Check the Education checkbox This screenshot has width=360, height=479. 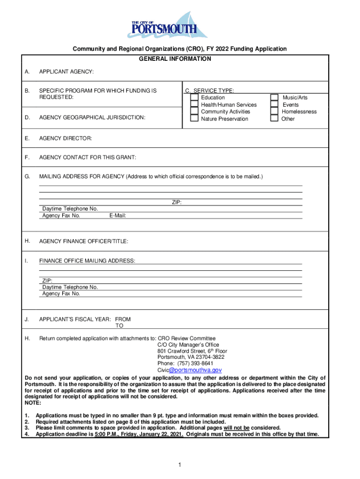pyautogui.click(x=194, y=98)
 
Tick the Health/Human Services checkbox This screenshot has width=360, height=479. pyautogui.click(x=194, y=105)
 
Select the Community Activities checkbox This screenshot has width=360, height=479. pyautogui.click(x=194, y=112)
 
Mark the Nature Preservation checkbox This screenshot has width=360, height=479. pyautogui.click(x=194, y=119)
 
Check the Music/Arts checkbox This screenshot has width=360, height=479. pyautogui.click(x=274, y=98)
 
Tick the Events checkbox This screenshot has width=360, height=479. pyautogui.click(x=274, y=105)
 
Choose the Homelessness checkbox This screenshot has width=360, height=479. pyautogui.click(x=274, y=112)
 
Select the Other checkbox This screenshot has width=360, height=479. pyautogui.click(x=274, y=119)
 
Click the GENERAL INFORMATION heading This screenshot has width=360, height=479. pyautogui.click(x=175, y=59)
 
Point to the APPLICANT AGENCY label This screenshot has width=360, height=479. pyautogui.click(x=66, y=72)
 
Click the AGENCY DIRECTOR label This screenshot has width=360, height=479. pyautogui.click(x=65, y=138)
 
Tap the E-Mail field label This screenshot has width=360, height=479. pyautogui.click(x=117, y=216)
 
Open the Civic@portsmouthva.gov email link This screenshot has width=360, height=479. pyautogui.click(x=186, y=370)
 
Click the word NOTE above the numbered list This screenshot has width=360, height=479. pyautogui.click(x=33, y=403)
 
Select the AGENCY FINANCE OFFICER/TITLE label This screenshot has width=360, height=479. pyautogui.click(x=84, y=241)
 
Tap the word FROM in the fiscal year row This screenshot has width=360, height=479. pyautogui.click(x=123, y=319)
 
